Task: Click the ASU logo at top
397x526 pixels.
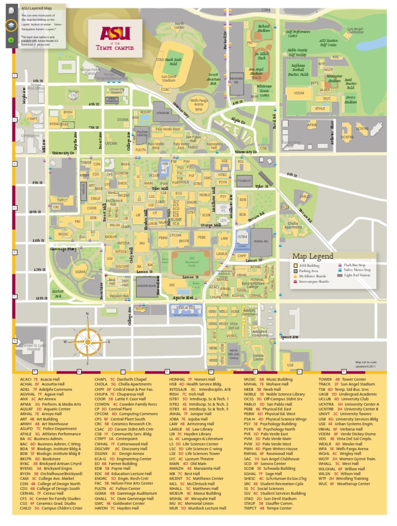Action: click(x=109, y=35)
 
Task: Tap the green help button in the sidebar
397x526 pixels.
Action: click(x=11, y=40)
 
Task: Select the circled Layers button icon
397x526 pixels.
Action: click(x=11, y=25)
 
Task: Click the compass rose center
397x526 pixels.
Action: click(x=87, y=341)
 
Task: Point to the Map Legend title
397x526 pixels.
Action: click(x=312, y=256)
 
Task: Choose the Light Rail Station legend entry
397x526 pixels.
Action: click(x=356, y=275)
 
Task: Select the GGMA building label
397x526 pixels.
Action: click(x=80, y=271)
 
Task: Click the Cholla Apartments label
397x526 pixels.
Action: click(x=293, y=226)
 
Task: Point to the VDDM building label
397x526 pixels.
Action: click(x=299, y=93)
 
